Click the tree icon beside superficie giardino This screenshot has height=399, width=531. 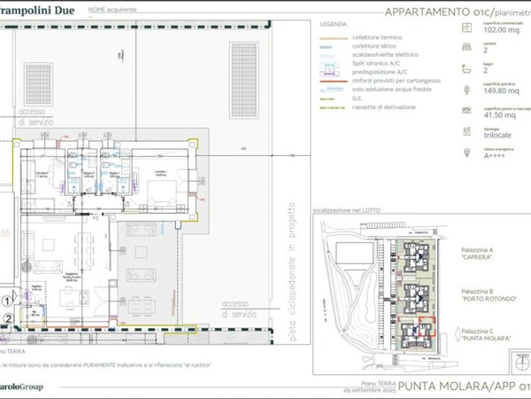coord(466,90)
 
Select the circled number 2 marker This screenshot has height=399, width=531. coord(7,317)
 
